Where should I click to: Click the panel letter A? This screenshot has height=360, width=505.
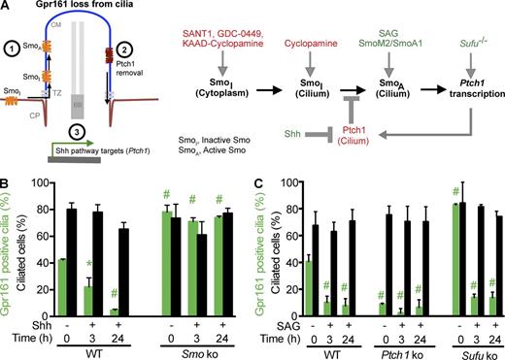pos(7,7)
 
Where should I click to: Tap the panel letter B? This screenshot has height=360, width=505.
pos(7,180)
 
